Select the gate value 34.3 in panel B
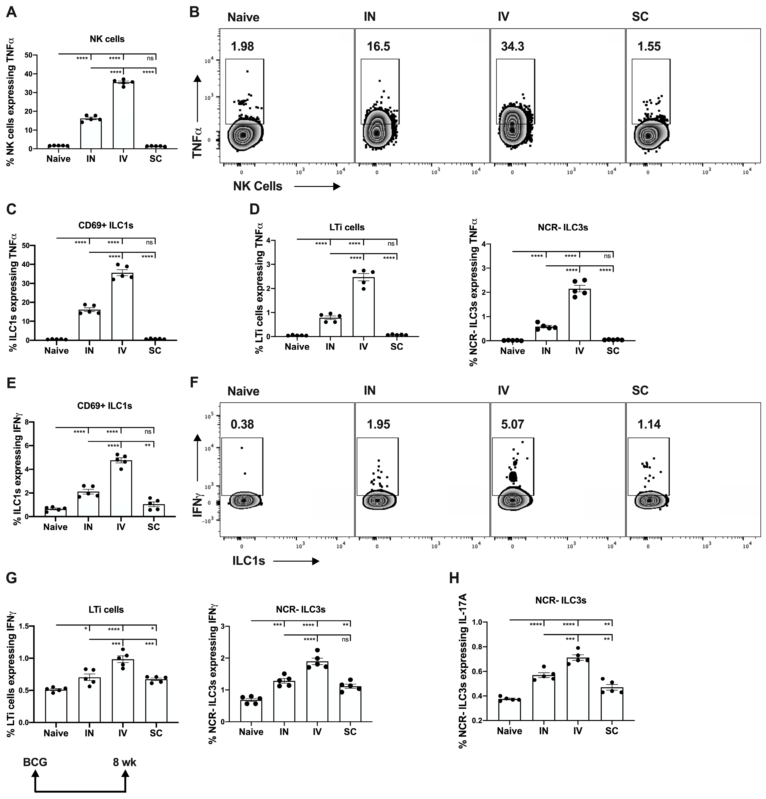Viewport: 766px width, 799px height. tap(512, 46)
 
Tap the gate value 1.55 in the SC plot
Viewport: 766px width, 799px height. tap(649, 46)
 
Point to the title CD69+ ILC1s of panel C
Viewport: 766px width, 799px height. tap(106, 225)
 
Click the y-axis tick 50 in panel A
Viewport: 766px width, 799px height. tap(28, 55)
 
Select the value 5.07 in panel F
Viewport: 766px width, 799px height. tap(512, 424)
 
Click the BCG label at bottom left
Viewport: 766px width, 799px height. tap(35, 762)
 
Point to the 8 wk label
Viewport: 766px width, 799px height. tap(125, 762)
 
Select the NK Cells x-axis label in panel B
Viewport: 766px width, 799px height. tap(257, 186)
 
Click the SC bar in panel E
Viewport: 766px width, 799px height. tap(153, 510)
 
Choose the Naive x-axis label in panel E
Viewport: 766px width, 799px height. tap(55, 527)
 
